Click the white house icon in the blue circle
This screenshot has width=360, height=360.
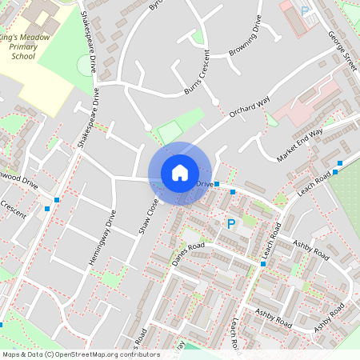[x=180, y=173]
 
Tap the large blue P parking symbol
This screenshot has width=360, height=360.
[x=231, y=225]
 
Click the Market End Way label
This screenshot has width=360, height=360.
[x=300, y=145]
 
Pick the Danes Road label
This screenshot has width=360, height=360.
[x=190, y=255]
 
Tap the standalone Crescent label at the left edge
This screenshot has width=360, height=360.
[x=13, y=206]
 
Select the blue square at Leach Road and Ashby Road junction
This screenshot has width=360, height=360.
[x=263, y=263]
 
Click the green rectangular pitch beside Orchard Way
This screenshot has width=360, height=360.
[x=170, y=130]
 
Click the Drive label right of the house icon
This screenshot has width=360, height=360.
[x=205, y=184]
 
